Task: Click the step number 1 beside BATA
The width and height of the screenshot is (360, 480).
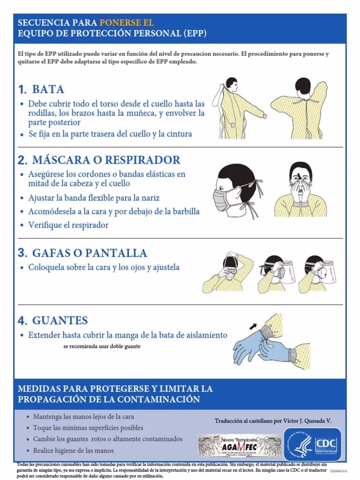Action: tap(22, 89)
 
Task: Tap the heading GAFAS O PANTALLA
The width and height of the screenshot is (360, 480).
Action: tap(90, 253)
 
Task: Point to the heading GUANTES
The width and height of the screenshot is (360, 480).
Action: tap(60, 321)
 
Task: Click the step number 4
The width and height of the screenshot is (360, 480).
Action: tap(22, 321)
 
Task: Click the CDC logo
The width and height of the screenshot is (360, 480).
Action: tap(313, 443)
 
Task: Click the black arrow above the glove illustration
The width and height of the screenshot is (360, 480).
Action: tap(253, 324)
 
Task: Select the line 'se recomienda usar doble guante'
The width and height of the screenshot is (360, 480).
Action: tap(101, 347)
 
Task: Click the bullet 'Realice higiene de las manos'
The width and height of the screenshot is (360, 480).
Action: tap(73, 450)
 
